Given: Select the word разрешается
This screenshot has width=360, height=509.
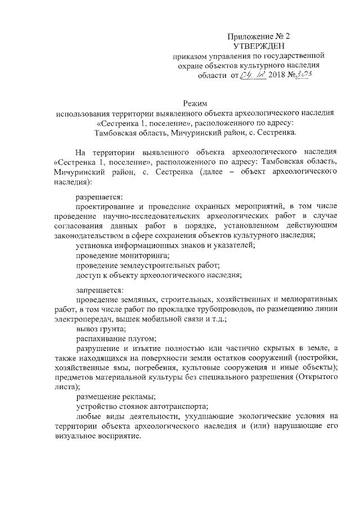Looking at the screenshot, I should point(98,196).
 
